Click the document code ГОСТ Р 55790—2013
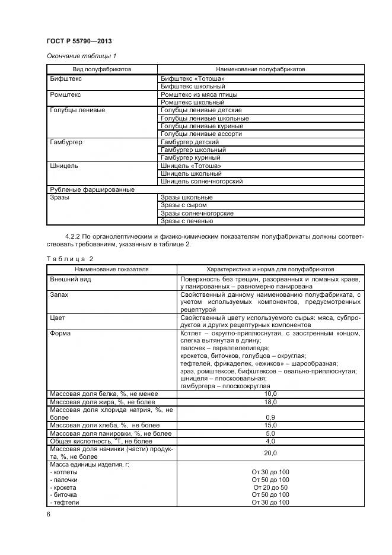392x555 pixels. tap(79, 41)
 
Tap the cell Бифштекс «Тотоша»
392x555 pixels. tap(193, 78)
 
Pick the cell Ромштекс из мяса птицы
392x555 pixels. tap(199, 94)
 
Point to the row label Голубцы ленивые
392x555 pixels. tap(78, 110)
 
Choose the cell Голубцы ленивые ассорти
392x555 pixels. tap(202, 134)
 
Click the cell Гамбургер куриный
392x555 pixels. tap(190, 158)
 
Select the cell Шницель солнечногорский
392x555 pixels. tap(202, 182)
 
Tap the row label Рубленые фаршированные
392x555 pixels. tap(92, 189)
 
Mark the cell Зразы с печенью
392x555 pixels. tap(187, 221)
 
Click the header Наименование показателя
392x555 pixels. tap(111, 269)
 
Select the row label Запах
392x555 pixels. tap(60, 294)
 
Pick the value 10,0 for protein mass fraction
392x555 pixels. tap(270, 394)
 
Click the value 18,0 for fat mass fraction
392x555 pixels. tap(270, 402)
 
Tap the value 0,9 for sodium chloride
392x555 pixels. tap(270, 417)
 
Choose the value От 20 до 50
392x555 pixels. tap(270, 487)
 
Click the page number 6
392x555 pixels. tap(48, 515)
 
